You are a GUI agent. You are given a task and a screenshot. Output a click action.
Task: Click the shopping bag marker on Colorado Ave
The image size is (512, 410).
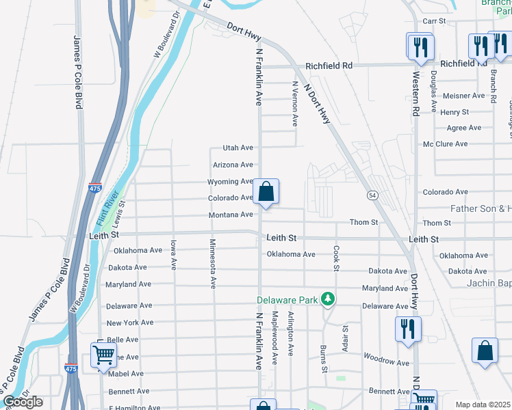point(266,192)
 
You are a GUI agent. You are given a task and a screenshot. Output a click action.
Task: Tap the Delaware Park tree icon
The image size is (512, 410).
point(329,299)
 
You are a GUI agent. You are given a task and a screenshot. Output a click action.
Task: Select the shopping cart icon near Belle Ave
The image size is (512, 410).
point(103,355)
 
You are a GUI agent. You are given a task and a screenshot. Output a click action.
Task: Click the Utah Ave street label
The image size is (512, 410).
point(238,148)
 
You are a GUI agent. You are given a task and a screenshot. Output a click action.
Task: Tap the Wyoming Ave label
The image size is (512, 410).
point(231,182)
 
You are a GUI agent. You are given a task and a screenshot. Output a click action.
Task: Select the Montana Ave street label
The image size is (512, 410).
point(231,215)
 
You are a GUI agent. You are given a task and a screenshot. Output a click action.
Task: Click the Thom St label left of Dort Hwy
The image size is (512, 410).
point(363,223)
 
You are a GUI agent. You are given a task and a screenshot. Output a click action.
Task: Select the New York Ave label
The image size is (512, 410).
point(130,323)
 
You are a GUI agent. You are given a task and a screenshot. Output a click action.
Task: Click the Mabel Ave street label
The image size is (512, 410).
point(125,374)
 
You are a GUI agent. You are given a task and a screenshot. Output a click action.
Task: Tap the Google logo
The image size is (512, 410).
point(23,402)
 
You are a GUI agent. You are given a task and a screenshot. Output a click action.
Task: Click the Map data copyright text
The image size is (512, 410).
point(483,405)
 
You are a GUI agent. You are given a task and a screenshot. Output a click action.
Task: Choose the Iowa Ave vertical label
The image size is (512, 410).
point(174,253)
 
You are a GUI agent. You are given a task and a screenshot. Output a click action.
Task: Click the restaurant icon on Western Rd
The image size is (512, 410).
point(419,46)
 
